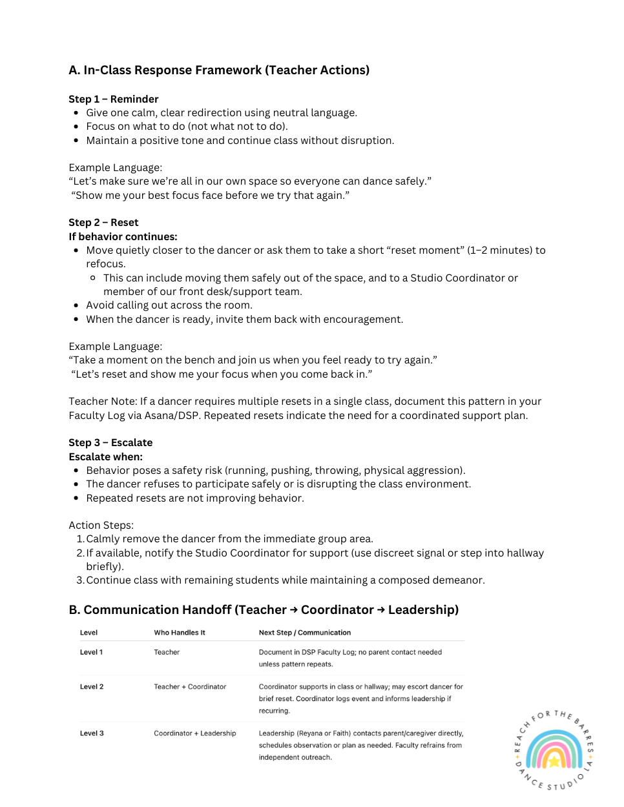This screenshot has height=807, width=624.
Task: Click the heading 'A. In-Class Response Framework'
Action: tap(219, 70)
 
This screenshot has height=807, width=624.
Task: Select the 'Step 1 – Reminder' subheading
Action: tap(114, 99)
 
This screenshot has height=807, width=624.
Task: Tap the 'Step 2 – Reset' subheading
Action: tap(103, 222)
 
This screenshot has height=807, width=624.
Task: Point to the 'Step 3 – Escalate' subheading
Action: tap(110, 442)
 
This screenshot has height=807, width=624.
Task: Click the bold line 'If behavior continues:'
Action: tap(123, 236)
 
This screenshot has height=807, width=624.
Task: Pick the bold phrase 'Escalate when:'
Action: tap(105, 456)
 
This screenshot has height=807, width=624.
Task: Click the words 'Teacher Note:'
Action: tap(103, 402)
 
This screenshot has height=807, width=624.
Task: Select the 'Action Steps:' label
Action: tap(101, 525)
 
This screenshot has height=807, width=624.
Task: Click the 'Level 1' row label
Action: tap(91, 652)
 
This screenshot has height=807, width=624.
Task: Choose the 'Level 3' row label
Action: tap(92, 733)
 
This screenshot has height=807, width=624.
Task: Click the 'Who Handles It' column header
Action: tap(180, 633)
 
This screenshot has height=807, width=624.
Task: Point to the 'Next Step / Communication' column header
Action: tap(305, 633)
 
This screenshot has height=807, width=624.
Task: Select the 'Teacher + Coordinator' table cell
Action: tap(190, 687)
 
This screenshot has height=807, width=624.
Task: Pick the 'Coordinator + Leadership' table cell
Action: tap(195, 733)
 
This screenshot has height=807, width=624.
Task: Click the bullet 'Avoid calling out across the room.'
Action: tap(169, 305)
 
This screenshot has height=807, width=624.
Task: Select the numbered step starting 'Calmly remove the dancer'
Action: tap(229, 539)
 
